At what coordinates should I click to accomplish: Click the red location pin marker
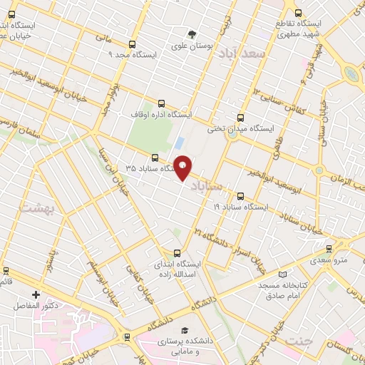click(182, 168)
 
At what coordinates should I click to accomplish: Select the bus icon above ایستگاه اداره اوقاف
click(160, 103)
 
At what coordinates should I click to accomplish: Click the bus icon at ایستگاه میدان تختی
click(240, 118)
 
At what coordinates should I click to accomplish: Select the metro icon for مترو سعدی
click(328, 249)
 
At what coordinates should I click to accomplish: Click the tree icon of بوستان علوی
click(192, 34)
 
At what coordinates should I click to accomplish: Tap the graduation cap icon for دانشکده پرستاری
click(185, 331)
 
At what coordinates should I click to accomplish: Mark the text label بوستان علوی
click(192, 46)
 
